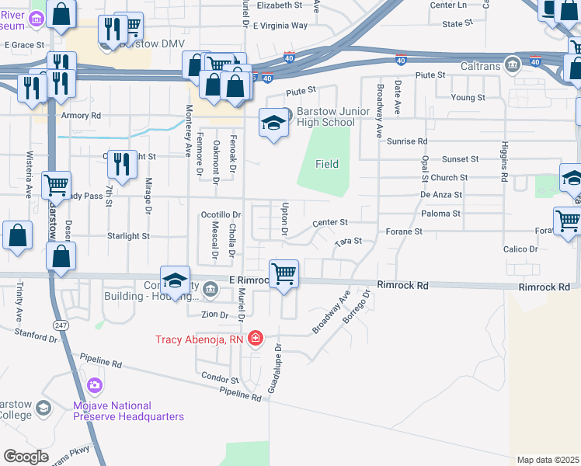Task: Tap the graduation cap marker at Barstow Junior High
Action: pyautogui.click(x=273, y=123)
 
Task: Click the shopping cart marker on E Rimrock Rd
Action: pyautogui.click(x=284, y=273)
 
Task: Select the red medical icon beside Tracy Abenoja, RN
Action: pyautogui.click(x=256, y=339)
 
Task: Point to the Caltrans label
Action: pyautogui.click(x=481, y=64)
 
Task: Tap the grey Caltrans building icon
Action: pyautogui.click(x=511, y=64)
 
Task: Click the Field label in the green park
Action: pyautogui.click(x=326, y=164)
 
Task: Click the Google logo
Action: pyautogui.click(x=26, y=456)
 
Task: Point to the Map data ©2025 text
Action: pyautogui.click(x=547, y=460)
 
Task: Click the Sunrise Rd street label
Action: pyautogui.click(x=406, y=141)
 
